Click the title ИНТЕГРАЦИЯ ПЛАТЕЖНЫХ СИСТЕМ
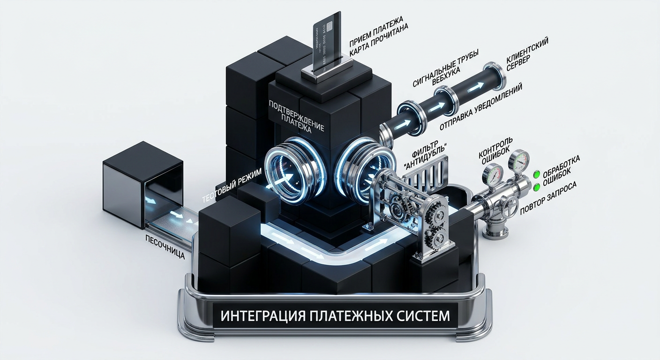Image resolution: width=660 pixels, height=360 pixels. [x=331, y=315]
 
